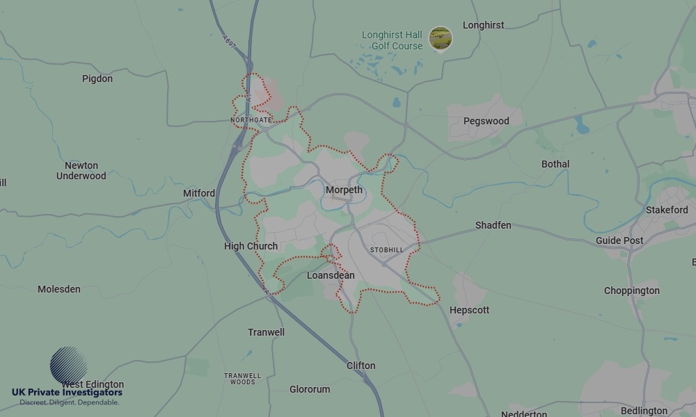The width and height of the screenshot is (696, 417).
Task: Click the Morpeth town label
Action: pos(344,190)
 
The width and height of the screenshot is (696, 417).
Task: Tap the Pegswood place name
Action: pos(486,121)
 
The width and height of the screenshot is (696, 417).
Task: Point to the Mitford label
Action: pos(199,193)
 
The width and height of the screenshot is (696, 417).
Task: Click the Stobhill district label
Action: pos(386,250)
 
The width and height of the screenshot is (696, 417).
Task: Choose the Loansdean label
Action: pos(331,275)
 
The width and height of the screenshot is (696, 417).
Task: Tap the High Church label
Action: pos(251,246)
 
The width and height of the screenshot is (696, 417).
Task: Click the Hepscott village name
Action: pos(469,310)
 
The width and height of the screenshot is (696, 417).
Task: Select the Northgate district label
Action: pos(251,120)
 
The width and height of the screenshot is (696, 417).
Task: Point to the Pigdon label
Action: pos(97,79)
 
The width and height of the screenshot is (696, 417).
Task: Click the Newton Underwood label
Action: pos(81,171)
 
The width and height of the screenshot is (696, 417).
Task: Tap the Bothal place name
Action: pos(555,164)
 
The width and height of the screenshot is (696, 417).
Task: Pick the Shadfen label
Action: pos(493,225)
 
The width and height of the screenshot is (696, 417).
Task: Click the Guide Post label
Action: pos(619,240)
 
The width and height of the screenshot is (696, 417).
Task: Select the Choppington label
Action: pos(631,291)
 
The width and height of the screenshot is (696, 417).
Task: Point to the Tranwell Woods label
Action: pos(243,379)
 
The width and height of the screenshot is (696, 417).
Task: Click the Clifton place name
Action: pos(361,366)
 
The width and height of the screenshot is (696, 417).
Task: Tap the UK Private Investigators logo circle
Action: pos(69,366)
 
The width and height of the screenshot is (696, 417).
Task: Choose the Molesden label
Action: pos(59,289)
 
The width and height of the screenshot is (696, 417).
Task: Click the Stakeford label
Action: pos(667,210)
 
